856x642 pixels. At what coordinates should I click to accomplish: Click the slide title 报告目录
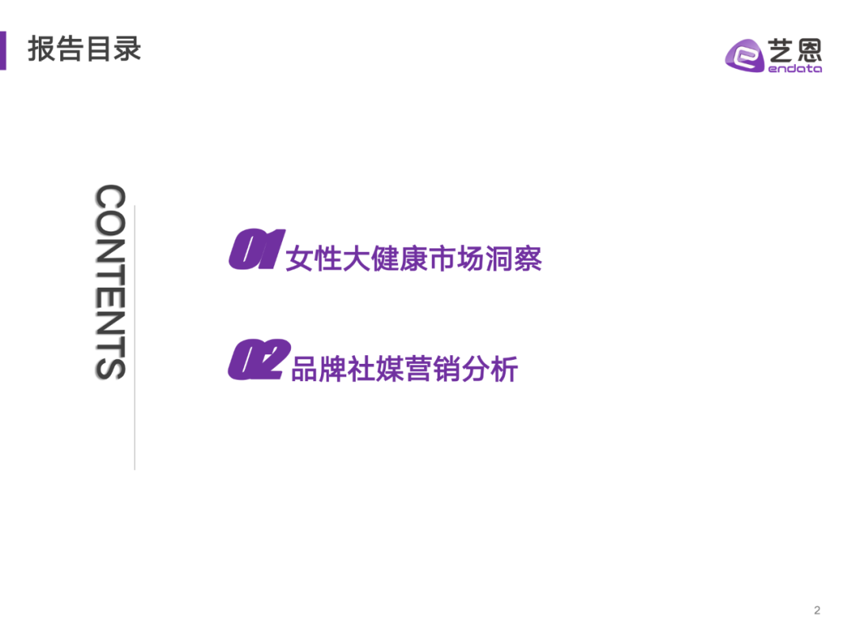(85, 48)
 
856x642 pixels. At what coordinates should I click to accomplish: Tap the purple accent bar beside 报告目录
(3, 50)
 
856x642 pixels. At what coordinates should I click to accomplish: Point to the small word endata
(795, 69)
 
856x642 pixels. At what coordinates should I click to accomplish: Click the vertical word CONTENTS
(110, 282)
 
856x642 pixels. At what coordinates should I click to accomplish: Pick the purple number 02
(256, 361)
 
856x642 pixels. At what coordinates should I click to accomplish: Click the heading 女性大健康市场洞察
(414, 259)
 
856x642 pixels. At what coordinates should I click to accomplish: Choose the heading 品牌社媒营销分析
(404, 369)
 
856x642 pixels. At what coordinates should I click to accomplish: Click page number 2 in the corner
(817, 610)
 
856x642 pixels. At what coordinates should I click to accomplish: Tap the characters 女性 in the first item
(314, 259)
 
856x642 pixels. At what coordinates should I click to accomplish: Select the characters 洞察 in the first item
(514, 259)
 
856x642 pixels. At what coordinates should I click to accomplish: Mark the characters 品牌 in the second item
(319, 369)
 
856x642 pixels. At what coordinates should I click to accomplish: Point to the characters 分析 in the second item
(490, 369)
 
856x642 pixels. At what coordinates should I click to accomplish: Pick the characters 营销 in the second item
(433, 369)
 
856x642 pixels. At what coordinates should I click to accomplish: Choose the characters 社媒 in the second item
(376, 369)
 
